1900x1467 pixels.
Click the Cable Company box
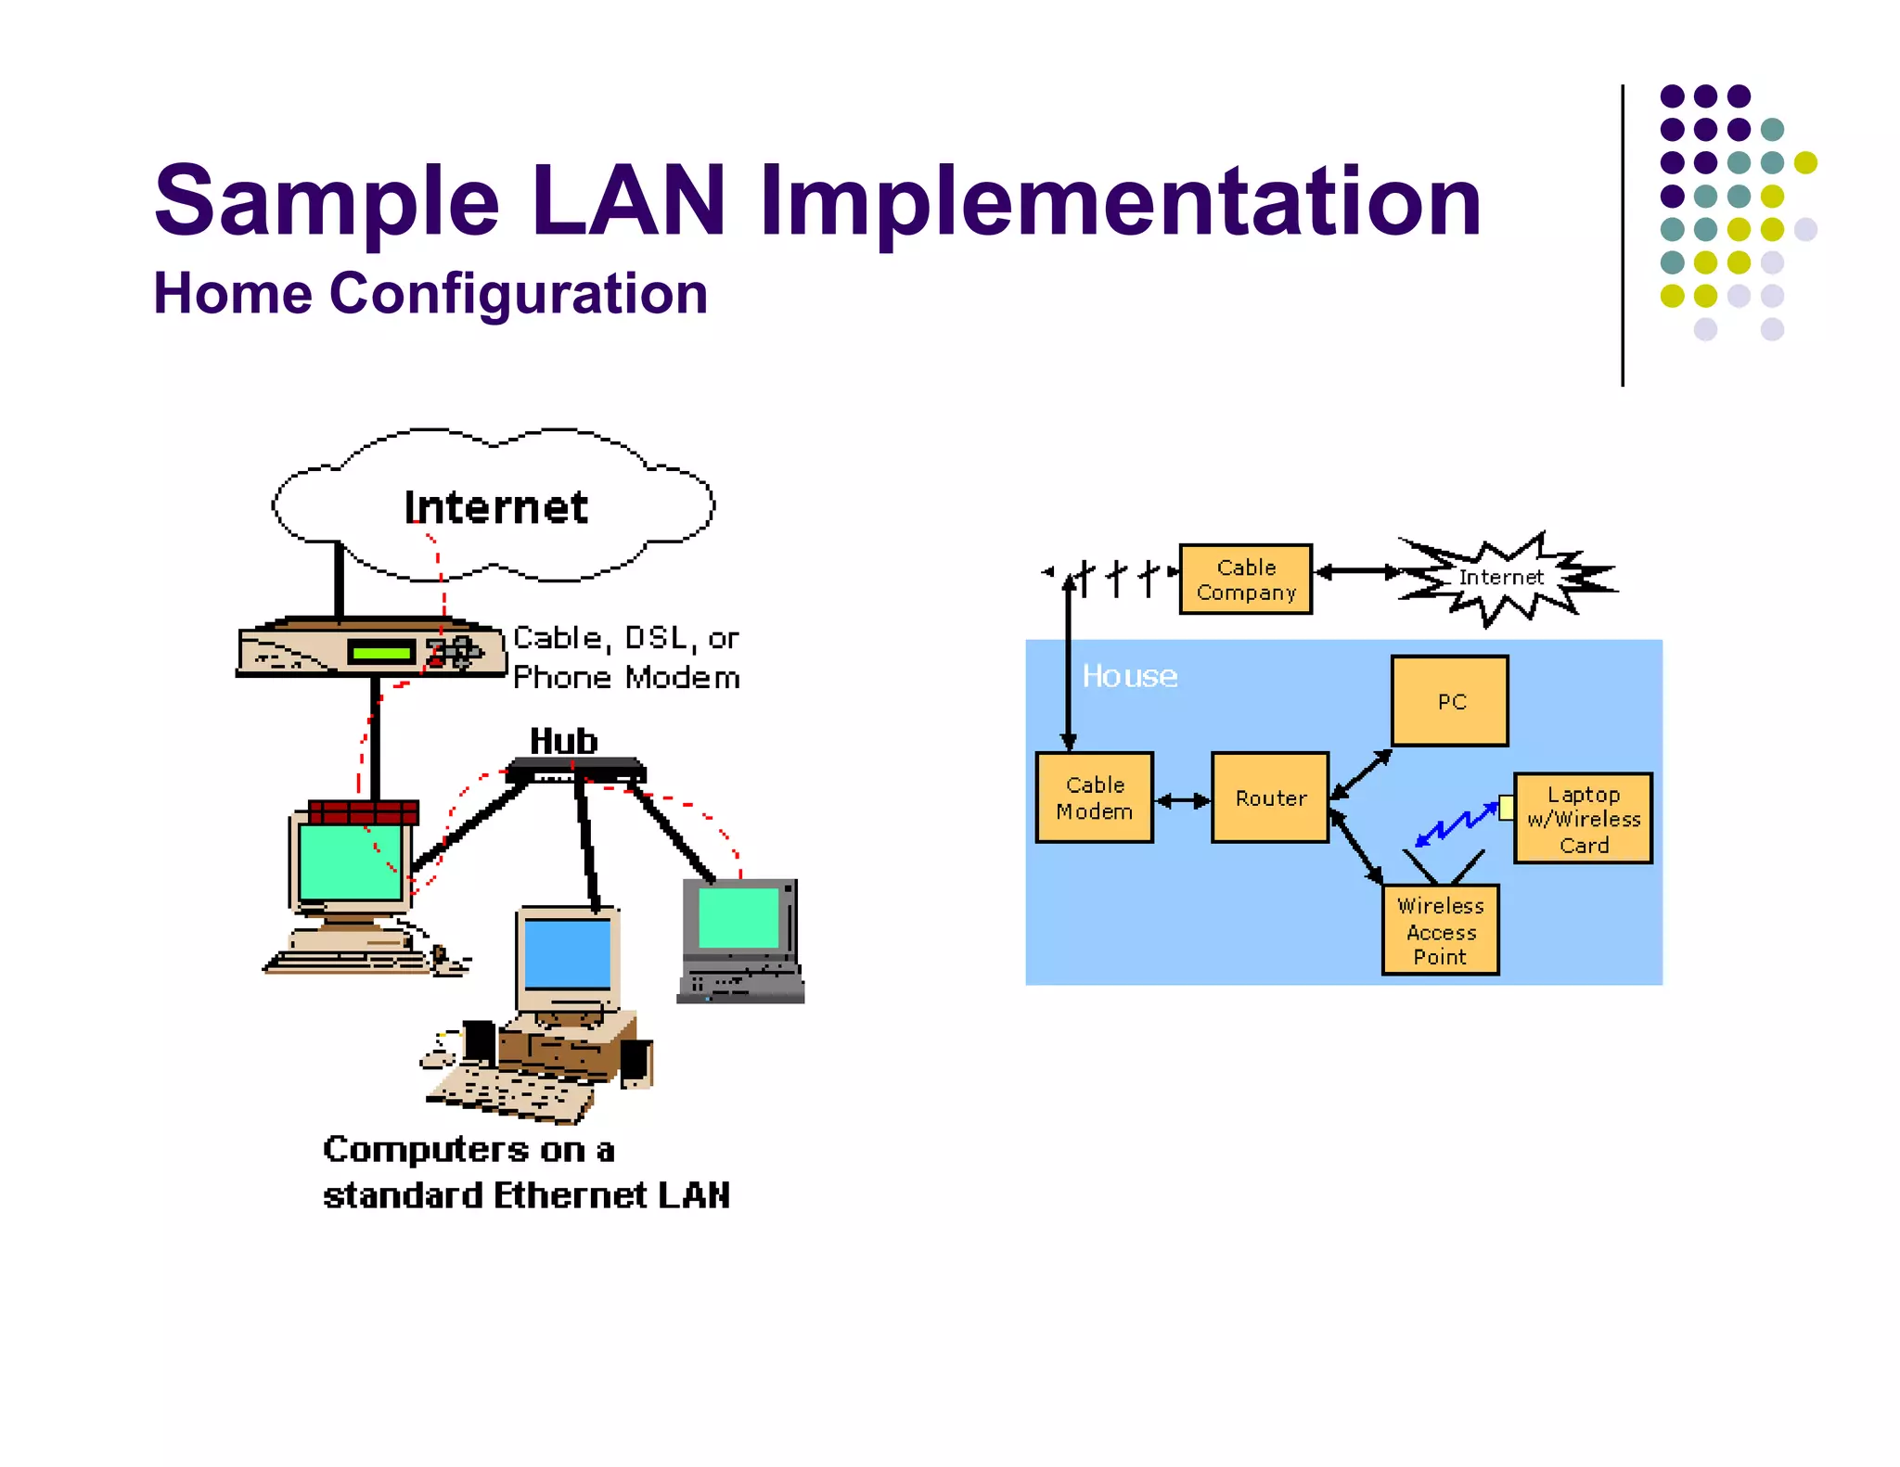coord(1245,580)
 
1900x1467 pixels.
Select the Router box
coord(1269,797)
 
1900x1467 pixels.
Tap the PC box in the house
coord(1449,701)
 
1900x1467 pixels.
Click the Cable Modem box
coord(1094,797)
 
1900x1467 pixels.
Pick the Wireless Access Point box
coord(1440,930)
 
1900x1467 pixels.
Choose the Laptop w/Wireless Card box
coord(1583,819)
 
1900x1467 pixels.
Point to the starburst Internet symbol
coord(1503,578)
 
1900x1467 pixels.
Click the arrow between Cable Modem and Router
coord(1182,800)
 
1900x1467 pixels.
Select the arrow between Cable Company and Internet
coord(1357,572)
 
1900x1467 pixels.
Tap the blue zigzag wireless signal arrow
coord(1455,824)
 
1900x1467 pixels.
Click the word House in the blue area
coord(1129,676)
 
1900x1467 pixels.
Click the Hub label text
coord(563,741)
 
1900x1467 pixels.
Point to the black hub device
coord(576,770)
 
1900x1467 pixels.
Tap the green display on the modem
coord(381,653)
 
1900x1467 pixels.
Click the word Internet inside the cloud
coord(495,507)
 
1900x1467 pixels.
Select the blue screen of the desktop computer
coord(567,954)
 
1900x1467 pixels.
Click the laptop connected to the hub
coord(740,939)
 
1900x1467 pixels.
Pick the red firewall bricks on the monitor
coord(363,813)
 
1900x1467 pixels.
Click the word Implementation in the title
coord(1120,201)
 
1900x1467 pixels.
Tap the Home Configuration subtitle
coord(430,294)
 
